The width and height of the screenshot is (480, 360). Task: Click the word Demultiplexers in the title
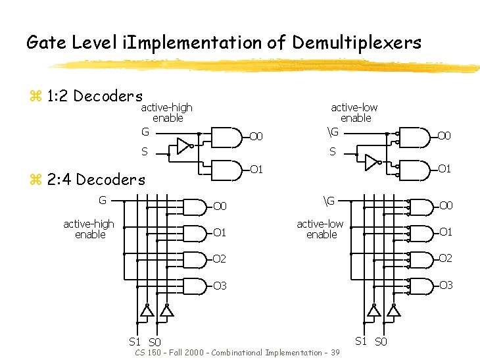[x=356, y=43]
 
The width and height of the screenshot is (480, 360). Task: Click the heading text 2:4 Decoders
[x=97, y=179]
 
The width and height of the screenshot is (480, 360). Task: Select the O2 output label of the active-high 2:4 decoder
[x=220, y=259]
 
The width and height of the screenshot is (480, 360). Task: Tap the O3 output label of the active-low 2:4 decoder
[x=446, y=285]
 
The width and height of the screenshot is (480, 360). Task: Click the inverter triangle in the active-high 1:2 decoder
[x=183, y=145]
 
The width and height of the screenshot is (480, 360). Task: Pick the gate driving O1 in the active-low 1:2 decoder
[x=414, y=170]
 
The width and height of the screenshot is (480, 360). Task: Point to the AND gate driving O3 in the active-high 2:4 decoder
[x=194, y=286]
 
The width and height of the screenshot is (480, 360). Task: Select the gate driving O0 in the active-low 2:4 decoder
[x=421, y=207]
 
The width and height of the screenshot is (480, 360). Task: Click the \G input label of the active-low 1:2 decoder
[x=333, y=132]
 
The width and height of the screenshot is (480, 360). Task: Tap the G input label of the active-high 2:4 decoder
[x=103, y=200]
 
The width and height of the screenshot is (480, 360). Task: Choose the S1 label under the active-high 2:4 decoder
[x=135, y=342]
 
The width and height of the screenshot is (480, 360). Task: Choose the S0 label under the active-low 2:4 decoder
[x=381, y=342]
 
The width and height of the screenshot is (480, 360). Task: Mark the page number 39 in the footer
[x=335, y=353]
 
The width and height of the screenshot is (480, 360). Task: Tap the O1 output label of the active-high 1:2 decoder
[x=256, y=170]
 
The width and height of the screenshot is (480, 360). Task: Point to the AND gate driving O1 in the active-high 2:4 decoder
[x=194, y=232]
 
